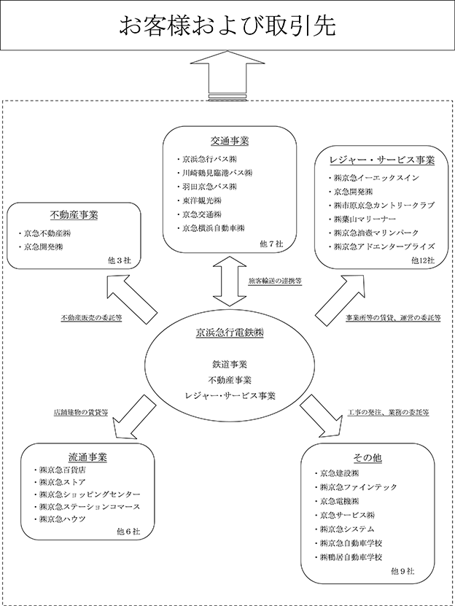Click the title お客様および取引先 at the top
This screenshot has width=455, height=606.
[x=227, y=26]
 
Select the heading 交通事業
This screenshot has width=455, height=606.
[x=230, y=141]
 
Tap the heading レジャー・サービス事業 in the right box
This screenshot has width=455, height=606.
[x=382, y=160]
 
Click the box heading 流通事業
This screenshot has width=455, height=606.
[x=87, y=457]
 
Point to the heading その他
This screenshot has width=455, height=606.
[x=367, y=458]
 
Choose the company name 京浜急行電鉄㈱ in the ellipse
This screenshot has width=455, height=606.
[x=230, y=333]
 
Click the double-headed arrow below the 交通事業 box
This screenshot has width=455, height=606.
[x=230, y=281]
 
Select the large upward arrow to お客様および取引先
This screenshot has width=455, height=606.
[x=227, y=76]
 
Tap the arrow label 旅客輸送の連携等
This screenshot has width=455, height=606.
[x=275, y=281]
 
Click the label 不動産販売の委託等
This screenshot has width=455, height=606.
[x=91, y=318]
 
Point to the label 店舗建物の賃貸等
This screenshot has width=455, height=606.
[x=81, y=412]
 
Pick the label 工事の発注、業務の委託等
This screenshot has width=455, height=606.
[x=388, y=412]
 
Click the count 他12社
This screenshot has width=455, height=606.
[x=423, y=260]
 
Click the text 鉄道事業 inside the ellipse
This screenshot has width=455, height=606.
[x=230, y=364]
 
